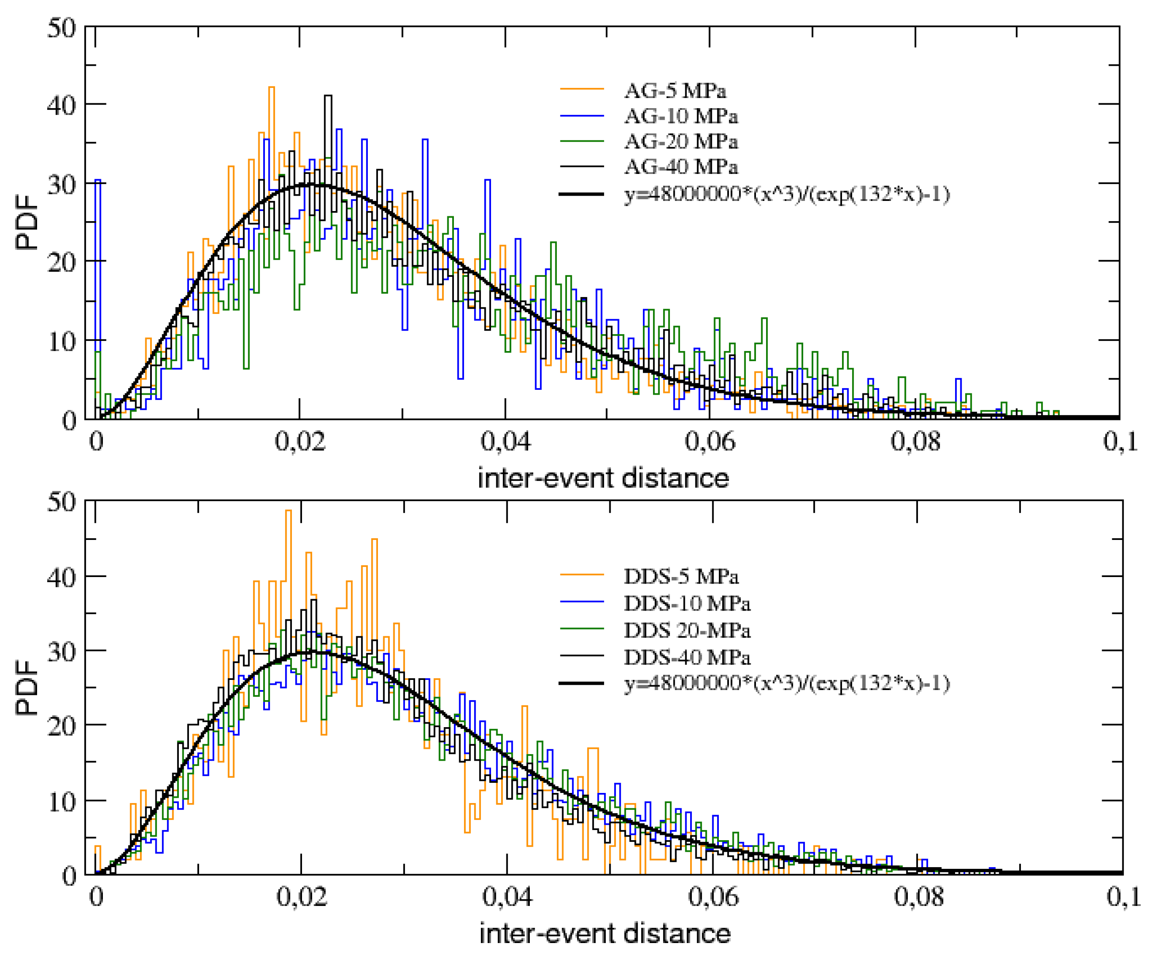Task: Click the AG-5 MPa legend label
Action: (x=675, y=91)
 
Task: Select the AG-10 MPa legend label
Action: (x=681, y=116)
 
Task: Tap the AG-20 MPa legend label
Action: (x=681, y=142)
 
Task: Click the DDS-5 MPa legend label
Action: (x=681, y=577)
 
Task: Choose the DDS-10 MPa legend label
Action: (x=687, y=604)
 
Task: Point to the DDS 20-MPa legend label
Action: (x=687, y=630)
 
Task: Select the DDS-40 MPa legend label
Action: (x=687, y=657)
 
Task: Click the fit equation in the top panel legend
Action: (x=787, y=194)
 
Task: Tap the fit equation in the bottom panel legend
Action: (x=787, y=683)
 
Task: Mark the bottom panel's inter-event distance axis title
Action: (x=604, y=933)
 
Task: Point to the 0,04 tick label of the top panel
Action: (x=505, y=441)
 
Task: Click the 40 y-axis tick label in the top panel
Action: (x=61, y=106)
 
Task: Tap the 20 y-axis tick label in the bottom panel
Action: (x=61, y=727)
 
